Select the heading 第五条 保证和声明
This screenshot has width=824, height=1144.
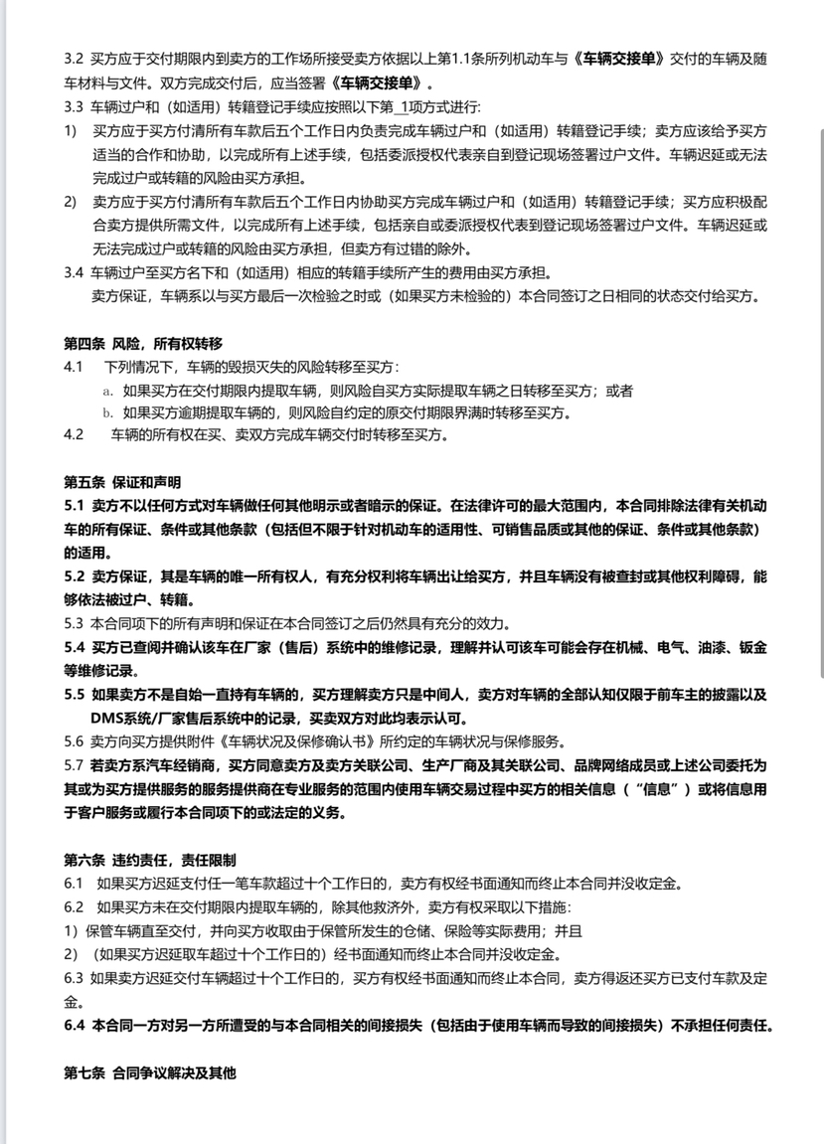(x=122, y=482)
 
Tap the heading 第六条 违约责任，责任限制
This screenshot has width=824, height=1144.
(x=150, y=859)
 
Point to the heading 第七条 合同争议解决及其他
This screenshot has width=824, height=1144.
(x=150, y=1073)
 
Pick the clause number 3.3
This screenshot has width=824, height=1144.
(x=74, y=106)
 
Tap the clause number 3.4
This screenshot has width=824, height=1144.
(x=74, y=272)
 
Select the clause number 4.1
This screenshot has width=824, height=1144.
(x=74, y=367)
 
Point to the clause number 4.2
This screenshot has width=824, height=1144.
(x=74, y=434)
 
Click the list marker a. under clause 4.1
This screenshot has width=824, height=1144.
(x=107, y=391)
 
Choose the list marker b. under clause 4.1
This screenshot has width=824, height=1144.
(x=107, y=412)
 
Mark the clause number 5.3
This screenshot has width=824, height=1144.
(x=74, y=624)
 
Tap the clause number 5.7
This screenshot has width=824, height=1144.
(x=74, y=765)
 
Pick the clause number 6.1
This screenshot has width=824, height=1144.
(x=74, y=883)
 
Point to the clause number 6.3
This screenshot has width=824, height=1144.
(x=74, y=978)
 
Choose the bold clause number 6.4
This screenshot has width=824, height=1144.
(x=75, y=1025)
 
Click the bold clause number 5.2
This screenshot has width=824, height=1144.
(x=75, y=576)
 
